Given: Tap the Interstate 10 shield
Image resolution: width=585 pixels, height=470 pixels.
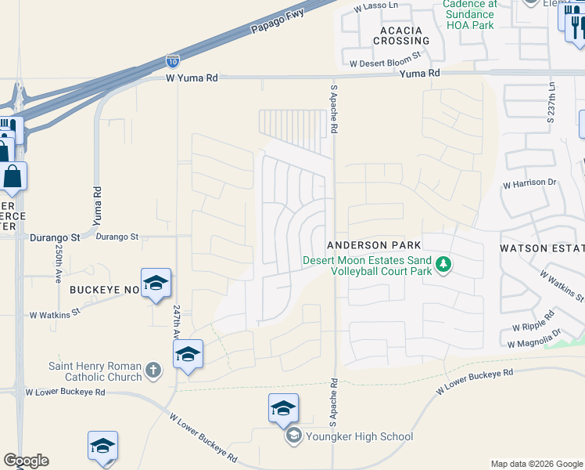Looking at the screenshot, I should coord(172,60).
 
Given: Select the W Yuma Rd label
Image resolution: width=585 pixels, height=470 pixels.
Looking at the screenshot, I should coord(192,78).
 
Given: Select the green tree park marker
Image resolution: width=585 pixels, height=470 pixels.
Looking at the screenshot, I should coord(444,264).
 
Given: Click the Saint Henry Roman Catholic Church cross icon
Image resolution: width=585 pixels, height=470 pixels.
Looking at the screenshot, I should coord(153,368).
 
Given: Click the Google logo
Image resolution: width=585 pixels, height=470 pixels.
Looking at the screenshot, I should coord(26,461).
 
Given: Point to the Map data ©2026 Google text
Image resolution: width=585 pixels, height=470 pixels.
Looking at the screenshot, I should coord(536,464).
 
